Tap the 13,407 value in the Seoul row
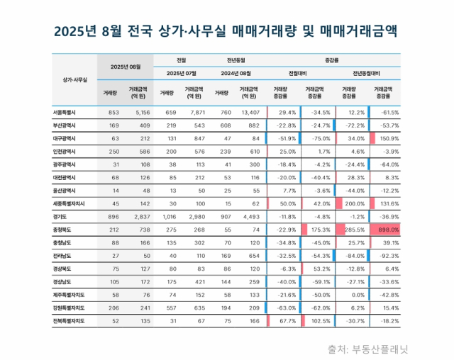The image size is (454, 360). (x=250, y=113)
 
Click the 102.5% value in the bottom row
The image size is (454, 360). (x=317, y=320)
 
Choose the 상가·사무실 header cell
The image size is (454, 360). (x=74, y=79)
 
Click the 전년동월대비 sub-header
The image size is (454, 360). (x=367, y=73)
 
